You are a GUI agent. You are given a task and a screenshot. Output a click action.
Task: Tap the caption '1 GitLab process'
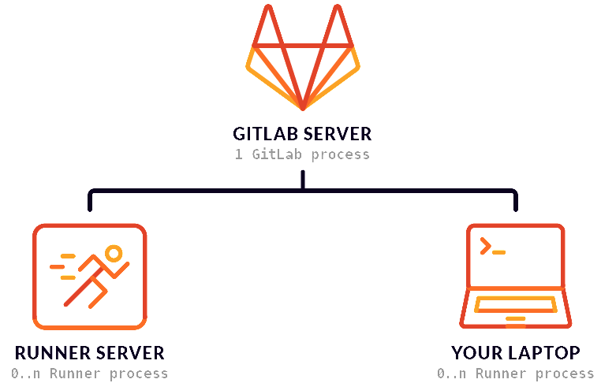[x=302, y=154]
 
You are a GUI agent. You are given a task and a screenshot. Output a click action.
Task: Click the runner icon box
[x=89, y=276]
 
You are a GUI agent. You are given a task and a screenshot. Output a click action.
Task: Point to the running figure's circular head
[x=114, y=254]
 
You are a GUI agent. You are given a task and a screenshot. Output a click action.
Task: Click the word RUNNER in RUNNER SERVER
[x=53, y=352]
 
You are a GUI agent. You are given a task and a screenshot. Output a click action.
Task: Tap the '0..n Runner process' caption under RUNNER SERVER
[x=89, y=374]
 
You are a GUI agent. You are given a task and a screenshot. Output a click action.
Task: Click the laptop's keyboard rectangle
[x=515, y=304]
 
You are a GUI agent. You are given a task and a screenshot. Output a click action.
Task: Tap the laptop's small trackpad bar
[x=515, y=319]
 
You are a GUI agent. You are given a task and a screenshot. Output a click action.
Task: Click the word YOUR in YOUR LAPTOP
[x=473, y=352]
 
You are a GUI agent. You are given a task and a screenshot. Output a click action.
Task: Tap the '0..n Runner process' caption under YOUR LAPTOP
[x=515, y=374]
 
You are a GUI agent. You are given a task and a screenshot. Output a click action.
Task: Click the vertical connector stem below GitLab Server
[x=303, y=180]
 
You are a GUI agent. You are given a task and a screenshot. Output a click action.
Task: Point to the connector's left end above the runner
[x=90, y=202]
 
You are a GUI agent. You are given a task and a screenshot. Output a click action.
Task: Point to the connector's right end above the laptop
[x=516, y=202]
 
